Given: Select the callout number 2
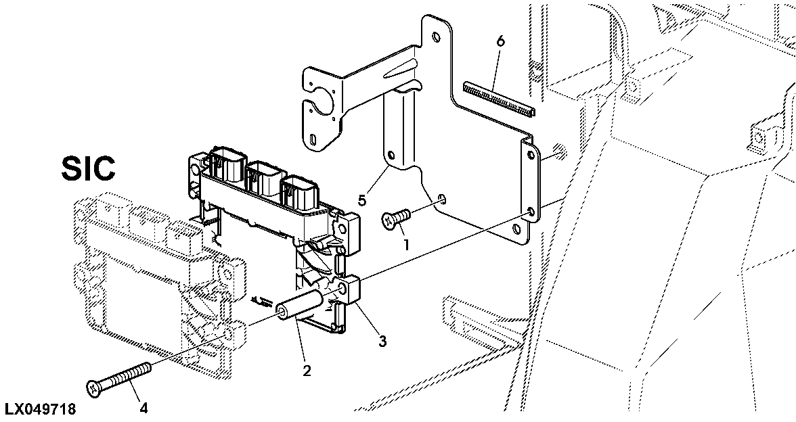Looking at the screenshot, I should [307, 371].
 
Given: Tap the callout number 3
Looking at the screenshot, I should [382, 342].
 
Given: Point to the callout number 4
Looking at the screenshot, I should [143, 407].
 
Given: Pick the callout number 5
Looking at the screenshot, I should [362, 200].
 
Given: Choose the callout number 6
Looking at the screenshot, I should [500, 41].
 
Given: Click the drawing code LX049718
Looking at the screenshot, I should [40, 409].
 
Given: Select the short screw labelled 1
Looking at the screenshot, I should [395, 217].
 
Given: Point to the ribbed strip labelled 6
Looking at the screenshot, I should [497, 97].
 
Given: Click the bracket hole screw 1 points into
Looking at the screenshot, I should [442, 199].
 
